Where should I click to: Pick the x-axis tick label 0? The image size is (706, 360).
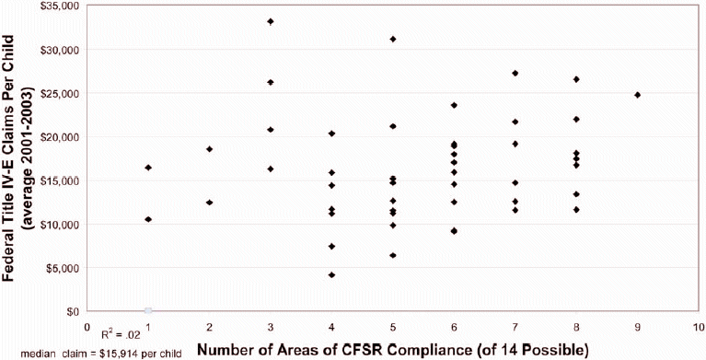tap(87, 326)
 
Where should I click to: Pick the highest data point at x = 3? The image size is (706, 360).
tap(271, 21)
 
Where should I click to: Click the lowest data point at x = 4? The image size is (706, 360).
tap(331, 274)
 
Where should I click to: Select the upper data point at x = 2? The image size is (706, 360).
tap(209, 149)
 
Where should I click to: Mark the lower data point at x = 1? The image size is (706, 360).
tap(148, 219)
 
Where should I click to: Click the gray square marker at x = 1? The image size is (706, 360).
tap(148, 311)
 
